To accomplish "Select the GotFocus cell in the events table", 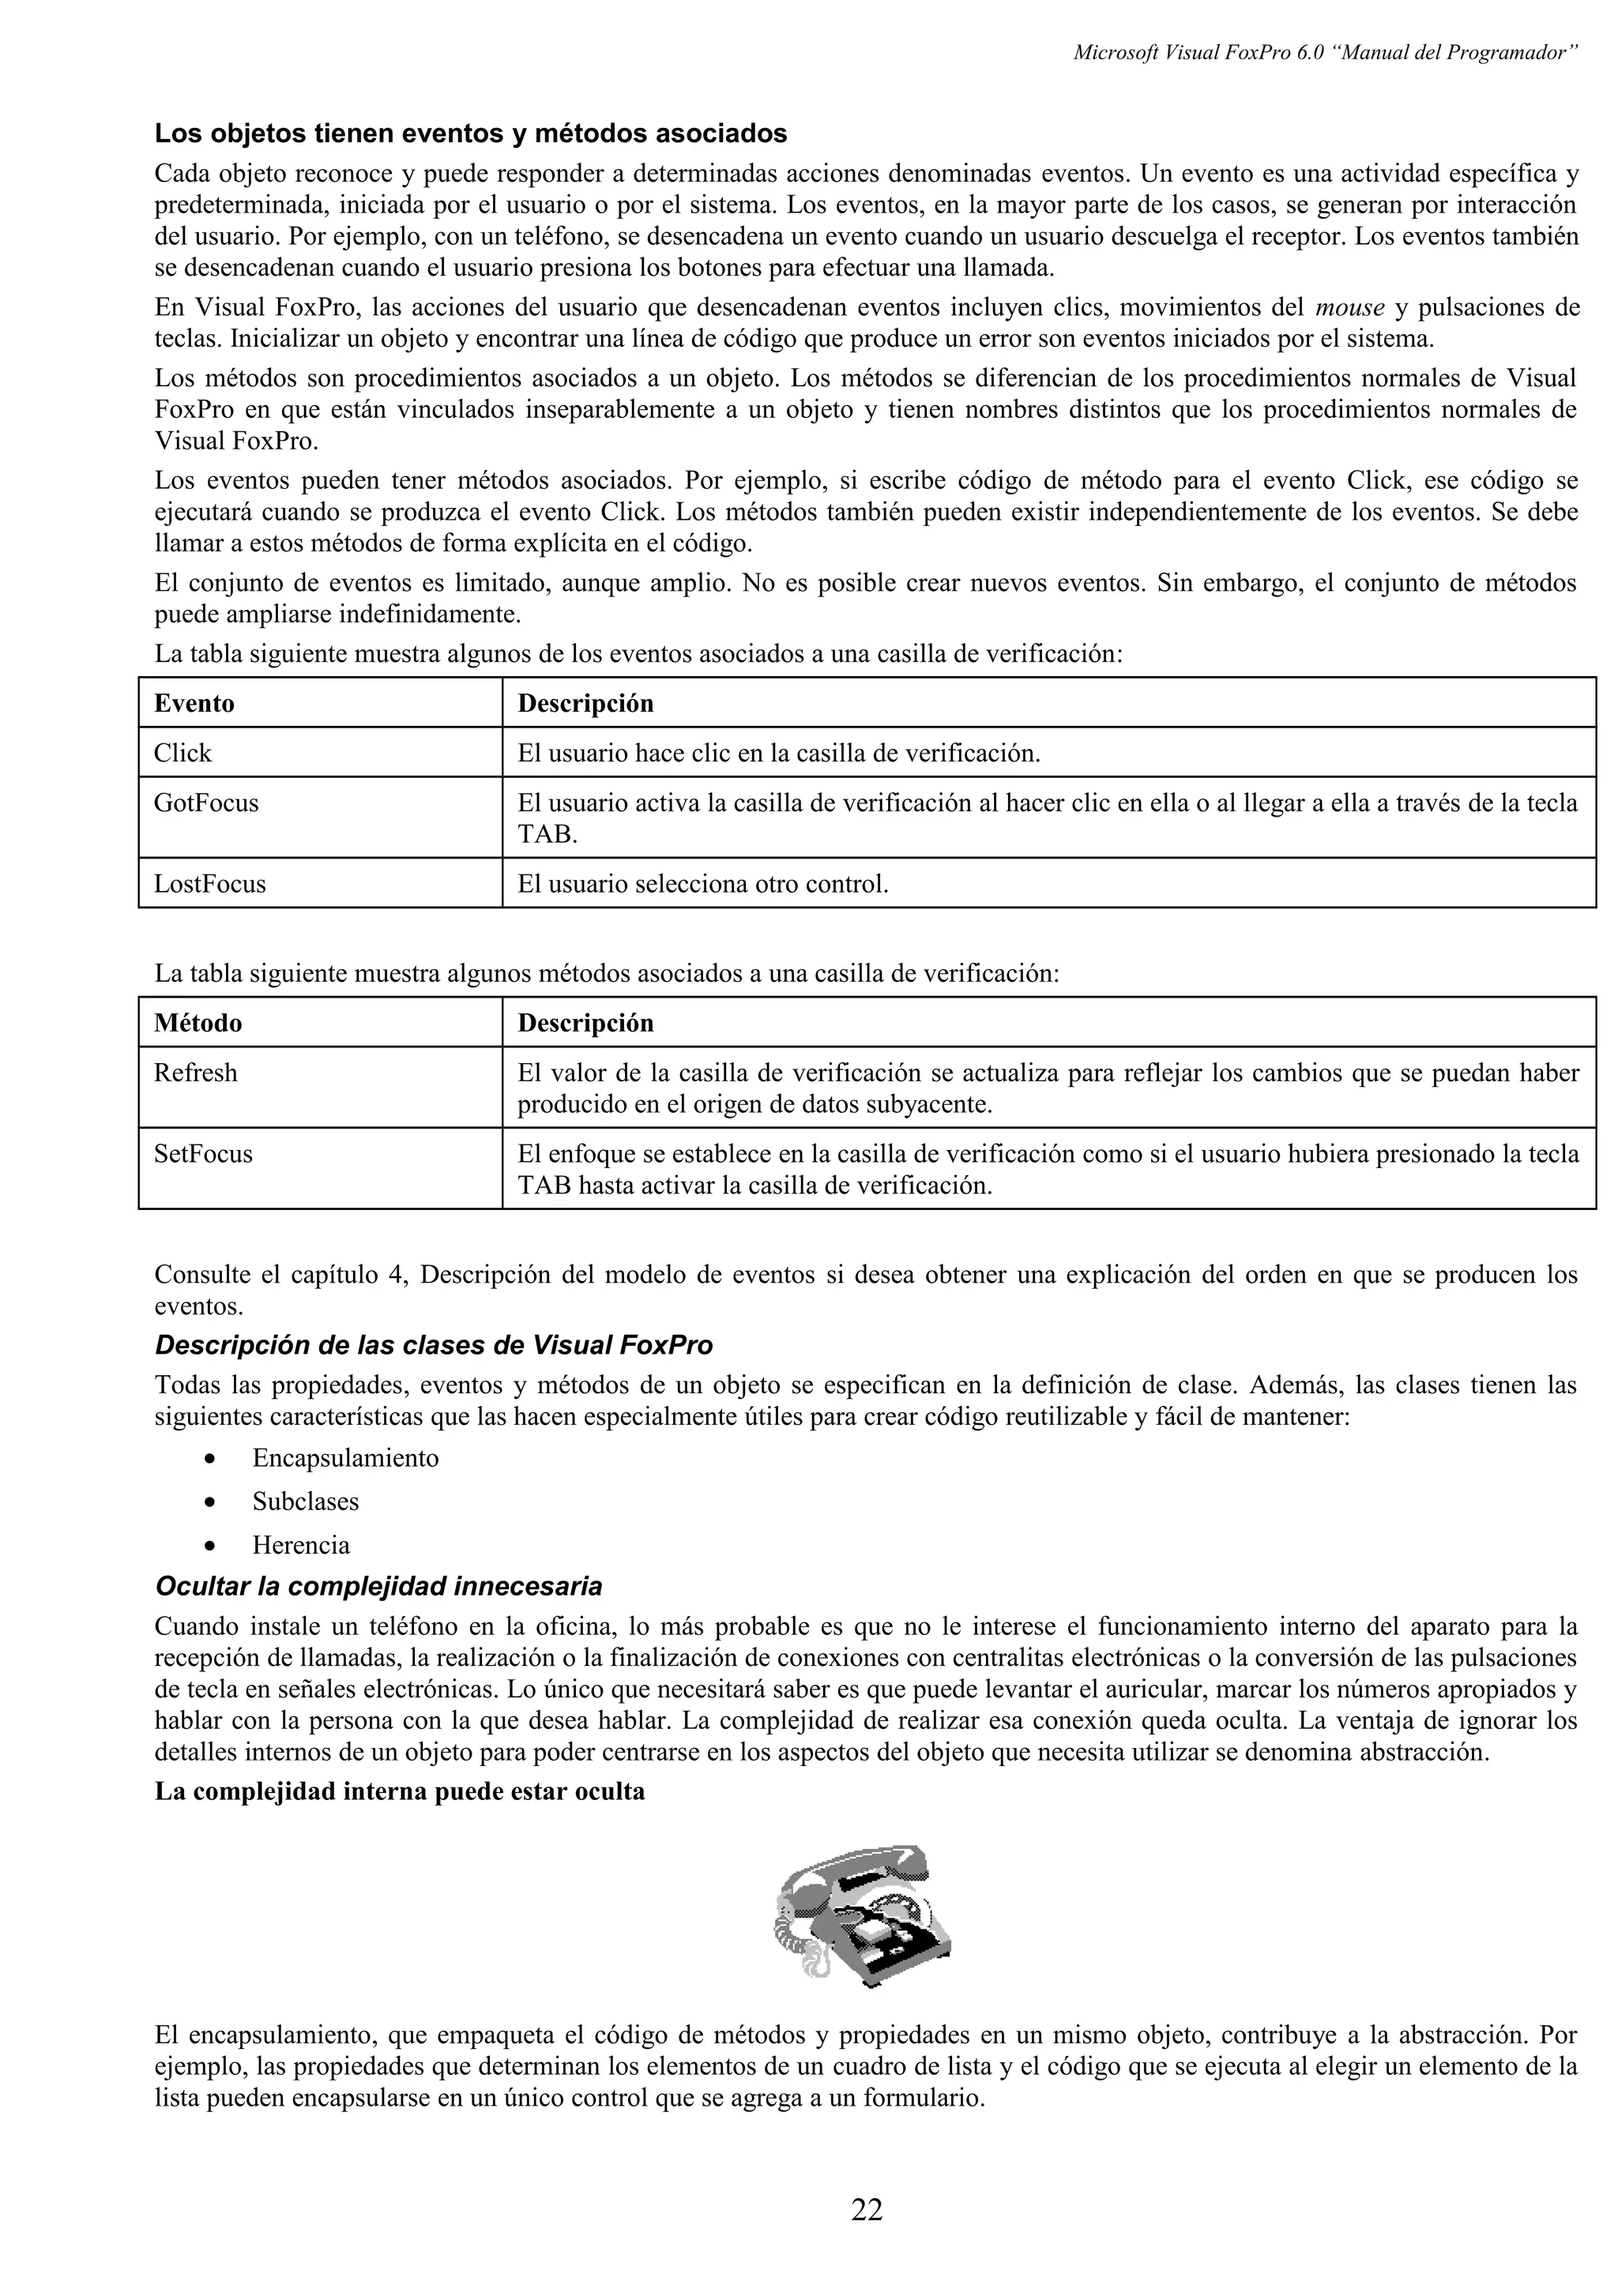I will pos(206,802).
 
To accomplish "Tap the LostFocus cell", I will pos(209,883).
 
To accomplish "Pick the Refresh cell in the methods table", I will pos(195,1073).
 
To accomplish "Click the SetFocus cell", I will pos(203,1153).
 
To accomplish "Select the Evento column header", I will pos(194,703).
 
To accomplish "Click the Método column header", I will pos(198,1023).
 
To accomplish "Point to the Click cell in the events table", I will pos(182,753).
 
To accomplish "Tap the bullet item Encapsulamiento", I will pos(345,1457).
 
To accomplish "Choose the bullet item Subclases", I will pos(305,1502).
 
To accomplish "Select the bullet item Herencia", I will pos(301,1545).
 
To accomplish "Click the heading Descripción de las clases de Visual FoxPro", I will pos(434,1346).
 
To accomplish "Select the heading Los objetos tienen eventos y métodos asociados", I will pos(471,133).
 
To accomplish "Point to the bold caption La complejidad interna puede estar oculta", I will pos(400,1791).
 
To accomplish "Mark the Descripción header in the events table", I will pos(586,703).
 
